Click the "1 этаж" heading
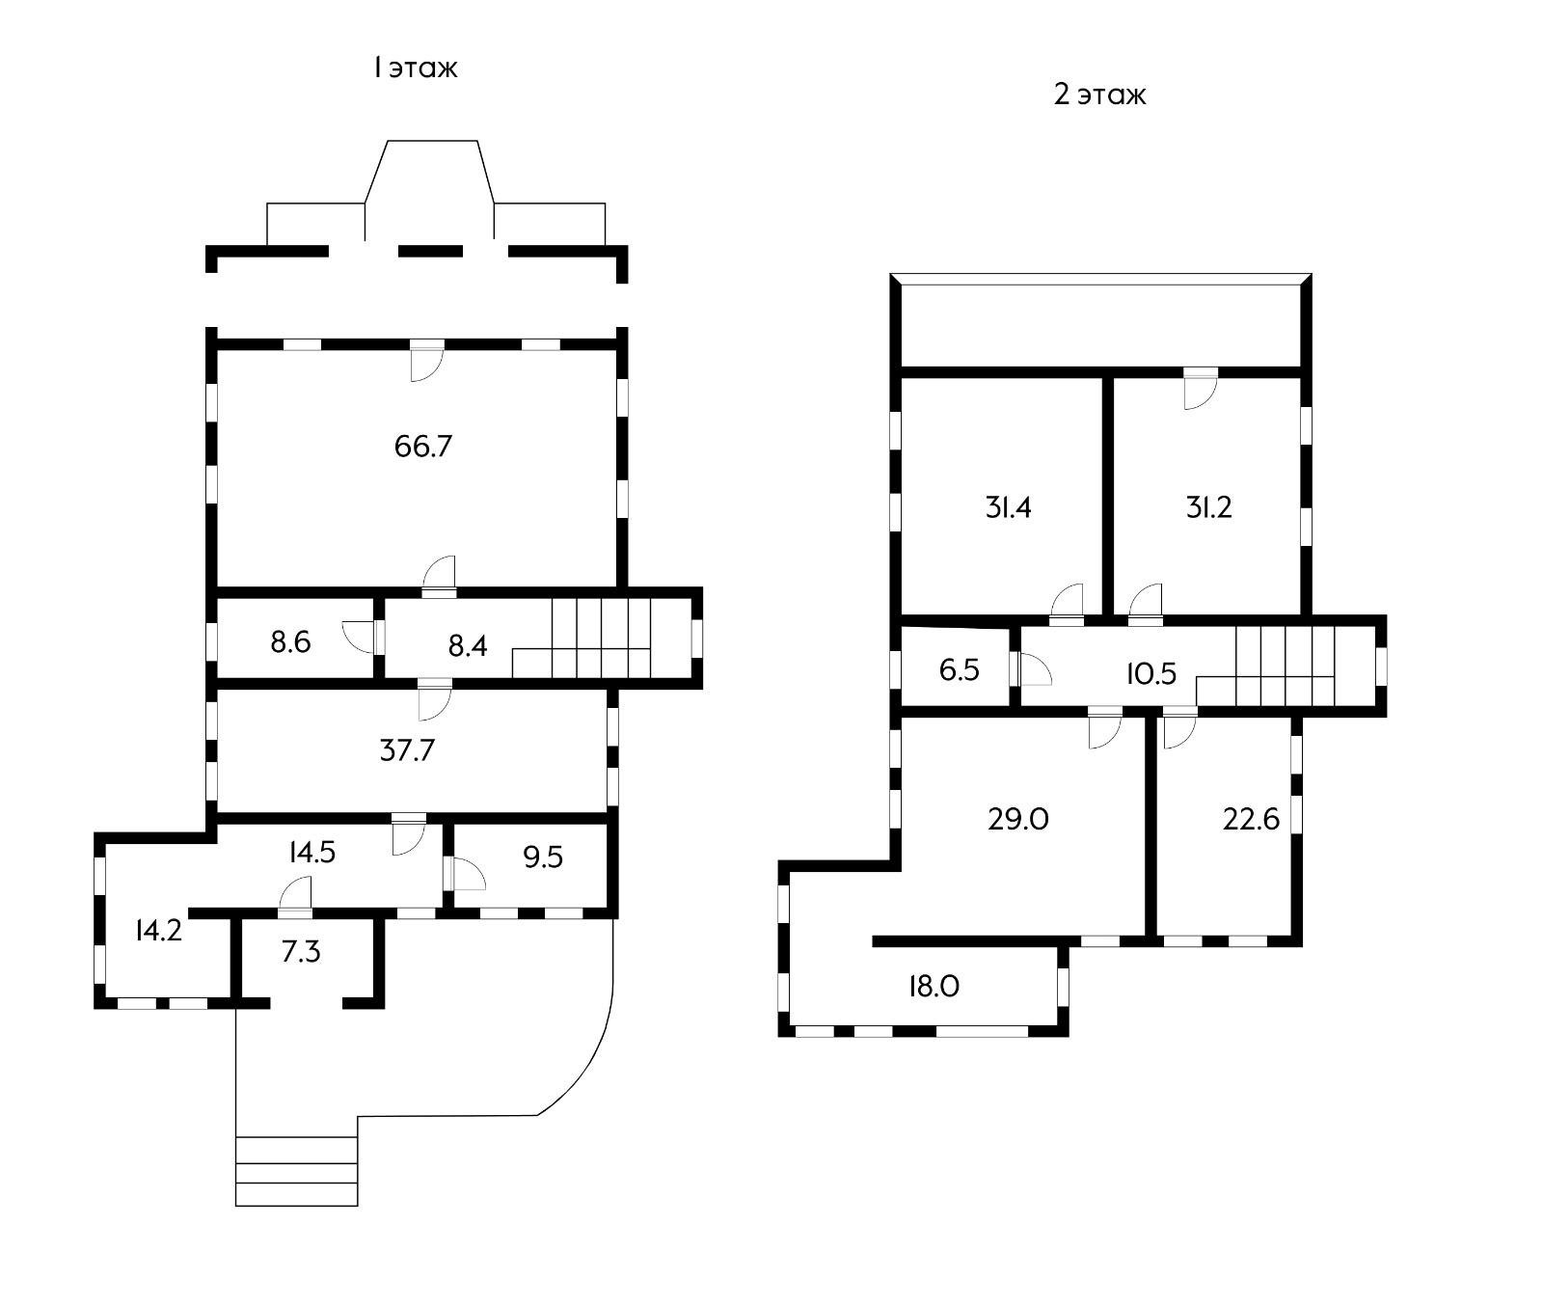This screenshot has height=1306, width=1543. pos(416,68)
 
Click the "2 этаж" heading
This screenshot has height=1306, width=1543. pos(1100,95)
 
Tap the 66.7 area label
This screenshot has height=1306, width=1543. pos(423,447)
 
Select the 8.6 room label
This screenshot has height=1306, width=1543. pos(290,641)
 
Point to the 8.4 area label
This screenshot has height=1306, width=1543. pos(468,645)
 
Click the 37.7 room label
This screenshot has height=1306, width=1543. pos(407,749)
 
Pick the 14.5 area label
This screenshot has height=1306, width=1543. pos(311,852)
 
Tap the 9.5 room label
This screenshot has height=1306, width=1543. pos(543,857)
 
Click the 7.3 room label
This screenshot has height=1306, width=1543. pos(301,952)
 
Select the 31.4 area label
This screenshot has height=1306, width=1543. pos(1009,507)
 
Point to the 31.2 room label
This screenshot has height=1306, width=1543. pos(1209,507)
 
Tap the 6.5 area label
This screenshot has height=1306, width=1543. pos(960,670)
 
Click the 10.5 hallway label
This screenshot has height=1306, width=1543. pos(1151,673)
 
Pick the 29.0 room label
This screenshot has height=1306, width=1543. pos(1018,819)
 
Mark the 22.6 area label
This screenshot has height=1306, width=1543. pos(1251,819)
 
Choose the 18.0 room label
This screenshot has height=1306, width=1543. pos(934,986)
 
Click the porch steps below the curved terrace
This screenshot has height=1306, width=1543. pos(297,1171)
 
